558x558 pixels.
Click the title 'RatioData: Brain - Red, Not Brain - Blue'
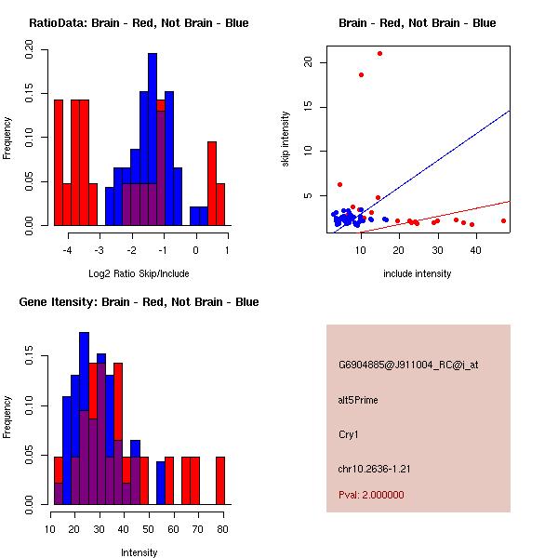click(x=139, y=23)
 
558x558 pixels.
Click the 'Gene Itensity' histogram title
click(x=139, y=302)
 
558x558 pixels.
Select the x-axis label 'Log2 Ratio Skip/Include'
click(x=139, y=274)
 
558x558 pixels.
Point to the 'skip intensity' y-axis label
click(x=286, y=139)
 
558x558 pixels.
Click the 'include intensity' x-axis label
click(x=418, y=274)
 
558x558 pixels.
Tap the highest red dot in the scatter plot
click(x=379, y=54)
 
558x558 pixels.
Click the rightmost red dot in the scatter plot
click(x=503, y=221)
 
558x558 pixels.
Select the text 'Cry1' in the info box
click(x=349, y=434)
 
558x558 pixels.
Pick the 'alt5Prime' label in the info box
click(x=358, y=401)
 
